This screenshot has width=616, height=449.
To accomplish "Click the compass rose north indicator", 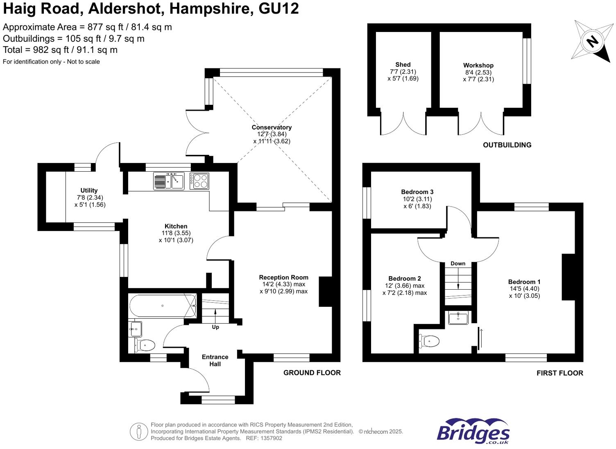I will point(592,41).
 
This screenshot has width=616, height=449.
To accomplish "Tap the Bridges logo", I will point(473,431).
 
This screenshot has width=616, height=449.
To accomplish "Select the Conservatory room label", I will point(272,127).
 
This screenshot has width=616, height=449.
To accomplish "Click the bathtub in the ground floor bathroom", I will point(163,306).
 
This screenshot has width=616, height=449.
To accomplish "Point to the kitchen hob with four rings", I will point(199,181).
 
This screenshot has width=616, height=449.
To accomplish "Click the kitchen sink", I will point(169,181).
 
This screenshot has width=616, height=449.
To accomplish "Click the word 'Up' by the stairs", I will point(215,327).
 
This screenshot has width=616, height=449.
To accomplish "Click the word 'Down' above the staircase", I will point(458,263).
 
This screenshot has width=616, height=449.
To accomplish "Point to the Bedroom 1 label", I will point(524,282).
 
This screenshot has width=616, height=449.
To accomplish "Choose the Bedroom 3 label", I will point(417,192).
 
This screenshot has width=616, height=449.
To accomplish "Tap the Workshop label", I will point(478,65).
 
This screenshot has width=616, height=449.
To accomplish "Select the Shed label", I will point(403,64).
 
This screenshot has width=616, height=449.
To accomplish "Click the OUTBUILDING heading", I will point(507,145).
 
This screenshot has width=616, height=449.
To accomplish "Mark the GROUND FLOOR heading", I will point(312,373).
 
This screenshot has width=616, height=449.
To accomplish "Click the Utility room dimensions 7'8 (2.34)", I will point(89,197).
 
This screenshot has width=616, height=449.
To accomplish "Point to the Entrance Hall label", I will point(215,361).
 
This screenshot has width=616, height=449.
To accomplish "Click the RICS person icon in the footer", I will point(139,432).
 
